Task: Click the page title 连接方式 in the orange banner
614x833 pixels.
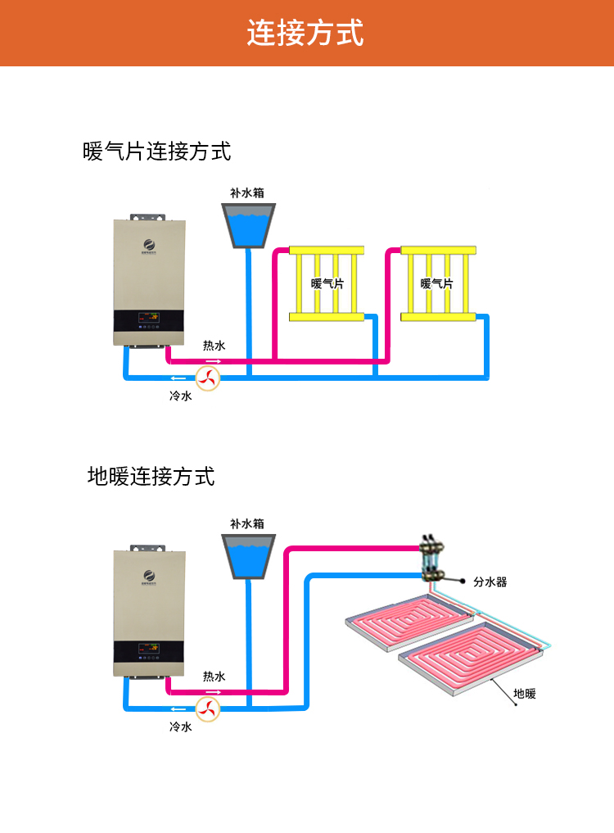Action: pyautogui.click(x=305, y=33)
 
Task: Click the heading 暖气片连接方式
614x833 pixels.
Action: pyautogui.click(x=157, y=152)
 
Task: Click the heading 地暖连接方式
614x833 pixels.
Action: pyautogui.click(x=151, y=476)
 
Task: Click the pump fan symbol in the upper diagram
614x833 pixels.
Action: pyautogui.click(x=207, y=378)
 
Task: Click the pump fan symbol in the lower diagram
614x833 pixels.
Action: pyautogui.click(x=207, y=709)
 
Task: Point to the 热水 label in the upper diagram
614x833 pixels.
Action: pyautogui.click(x=214, y=346)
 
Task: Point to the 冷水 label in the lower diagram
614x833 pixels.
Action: pyautogui.click(x=180, y=727)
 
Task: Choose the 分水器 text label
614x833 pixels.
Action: pyautogui.click(x=490, y=582)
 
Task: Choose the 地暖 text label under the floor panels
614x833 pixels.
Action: pyautogui.click(x=524, y=694)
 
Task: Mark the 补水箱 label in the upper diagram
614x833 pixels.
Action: pyautogui.click(x=246, y=193)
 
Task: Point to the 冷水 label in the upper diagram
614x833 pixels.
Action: pyautogui.click(x=180, y=396)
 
